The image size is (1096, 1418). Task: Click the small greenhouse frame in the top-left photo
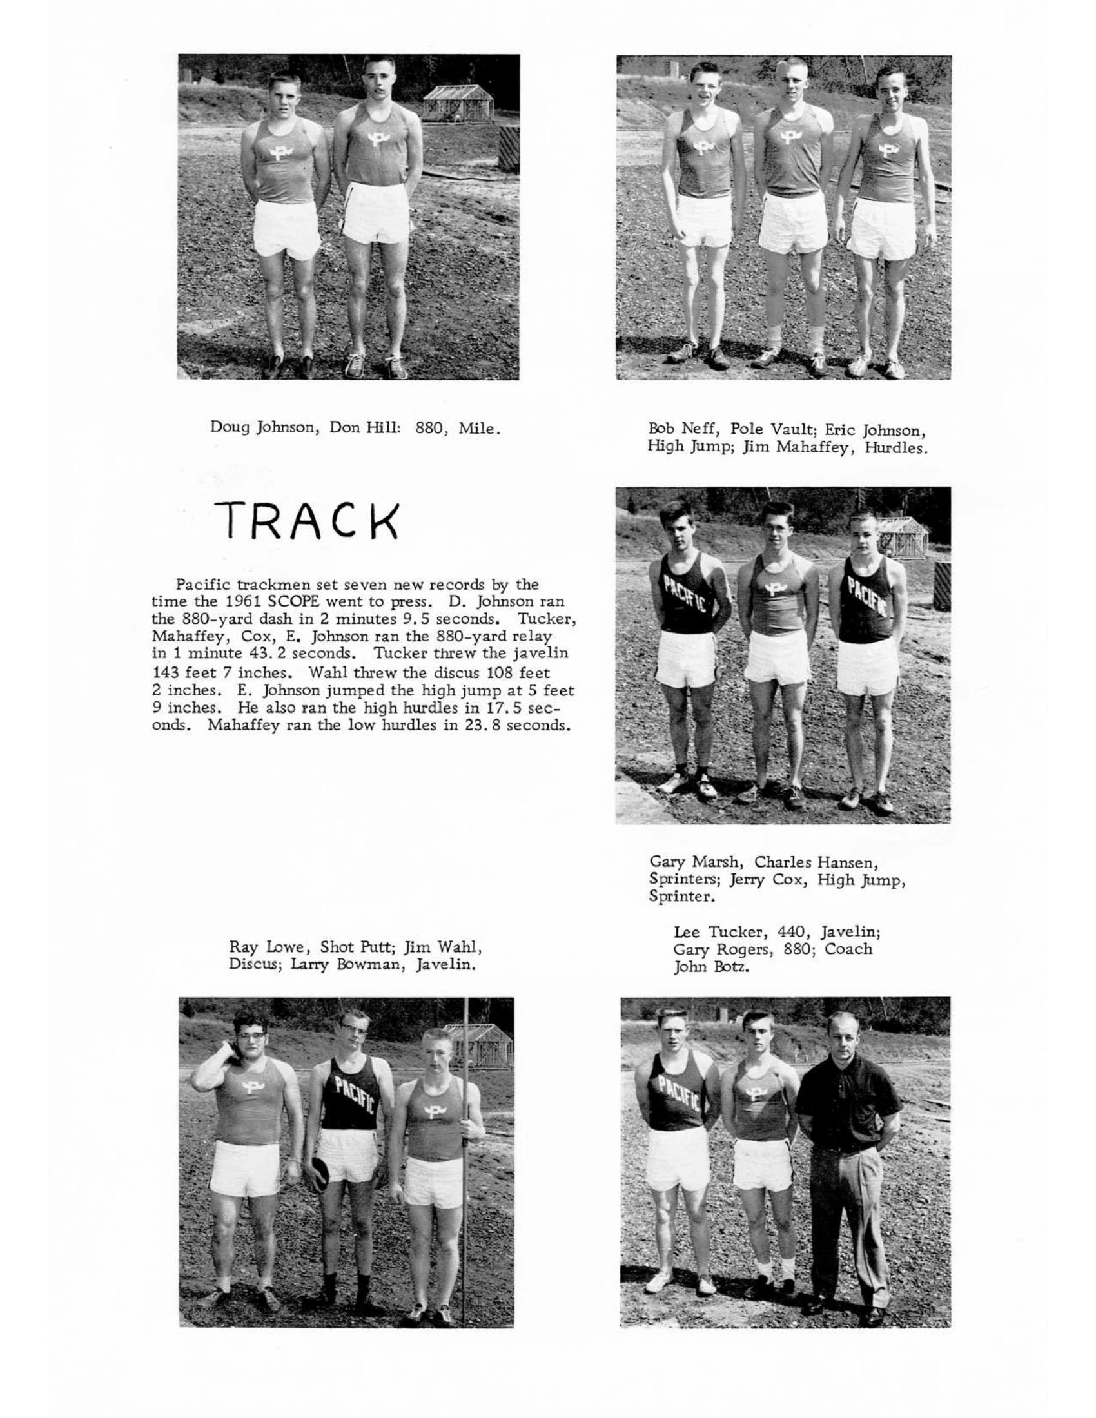(458, 102)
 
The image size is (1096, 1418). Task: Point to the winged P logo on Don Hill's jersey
(375, 138)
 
